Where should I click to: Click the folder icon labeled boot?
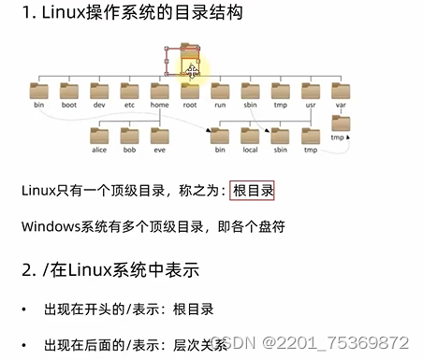69,91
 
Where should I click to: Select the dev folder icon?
99,91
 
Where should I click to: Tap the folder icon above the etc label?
130,91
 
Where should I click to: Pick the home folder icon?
160,91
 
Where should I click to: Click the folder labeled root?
190,91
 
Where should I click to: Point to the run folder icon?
220,91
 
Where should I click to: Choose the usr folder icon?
311,91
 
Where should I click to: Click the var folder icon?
341,91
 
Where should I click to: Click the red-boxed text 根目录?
253,190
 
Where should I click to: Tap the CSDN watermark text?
229,342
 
